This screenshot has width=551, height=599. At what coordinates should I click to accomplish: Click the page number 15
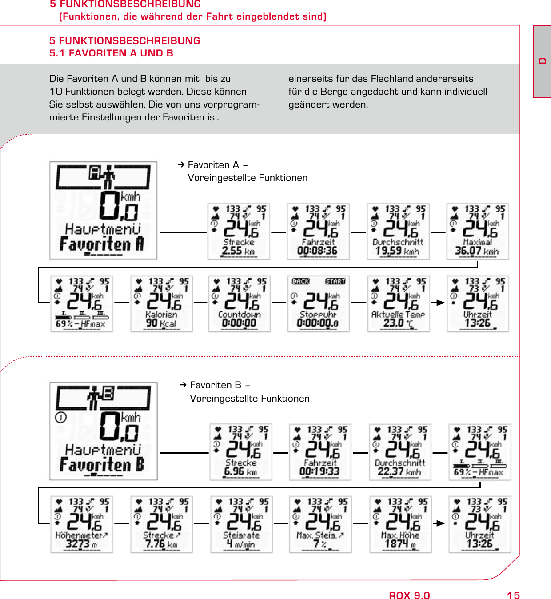[513, 595]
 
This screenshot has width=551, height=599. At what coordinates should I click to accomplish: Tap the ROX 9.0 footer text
[409, 595]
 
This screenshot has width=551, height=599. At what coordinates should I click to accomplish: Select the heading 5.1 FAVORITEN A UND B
[111, 53]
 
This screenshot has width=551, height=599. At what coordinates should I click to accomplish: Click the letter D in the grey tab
[542, 61]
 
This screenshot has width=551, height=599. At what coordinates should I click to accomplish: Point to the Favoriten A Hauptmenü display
[103, 210]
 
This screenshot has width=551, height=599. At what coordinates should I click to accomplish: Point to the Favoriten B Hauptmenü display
[103, 431]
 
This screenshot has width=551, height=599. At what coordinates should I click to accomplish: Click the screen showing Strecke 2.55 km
[239, 232]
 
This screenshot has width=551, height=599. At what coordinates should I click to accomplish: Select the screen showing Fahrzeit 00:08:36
[318, 232]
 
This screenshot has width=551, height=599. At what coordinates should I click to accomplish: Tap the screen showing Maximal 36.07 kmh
[478, 232]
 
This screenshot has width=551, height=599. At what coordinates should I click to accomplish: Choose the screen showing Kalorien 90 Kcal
[161, 303]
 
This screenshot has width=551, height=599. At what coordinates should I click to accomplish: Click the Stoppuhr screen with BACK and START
[318, 303]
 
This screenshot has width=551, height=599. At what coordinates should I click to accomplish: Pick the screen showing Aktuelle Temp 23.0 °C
[398, 303]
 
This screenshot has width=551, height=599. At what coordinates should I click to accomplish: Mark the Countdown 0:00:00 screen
[239, 303]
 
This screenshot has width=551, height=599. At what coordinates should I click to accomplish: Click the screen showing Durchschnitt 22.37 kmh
[400, 452]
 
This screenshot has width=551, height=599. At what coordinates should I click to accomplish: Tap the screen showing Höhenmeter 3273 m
[82, 524]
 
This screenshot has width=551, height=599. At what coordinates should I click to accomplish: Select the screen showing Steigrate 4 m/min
[241, 524]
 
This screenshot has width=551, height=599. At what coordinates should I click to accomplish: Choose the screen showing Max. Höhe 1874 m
[400, 524]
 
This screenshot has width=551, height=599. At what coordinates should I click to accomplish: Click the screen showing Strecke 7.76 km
[161, 524]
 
